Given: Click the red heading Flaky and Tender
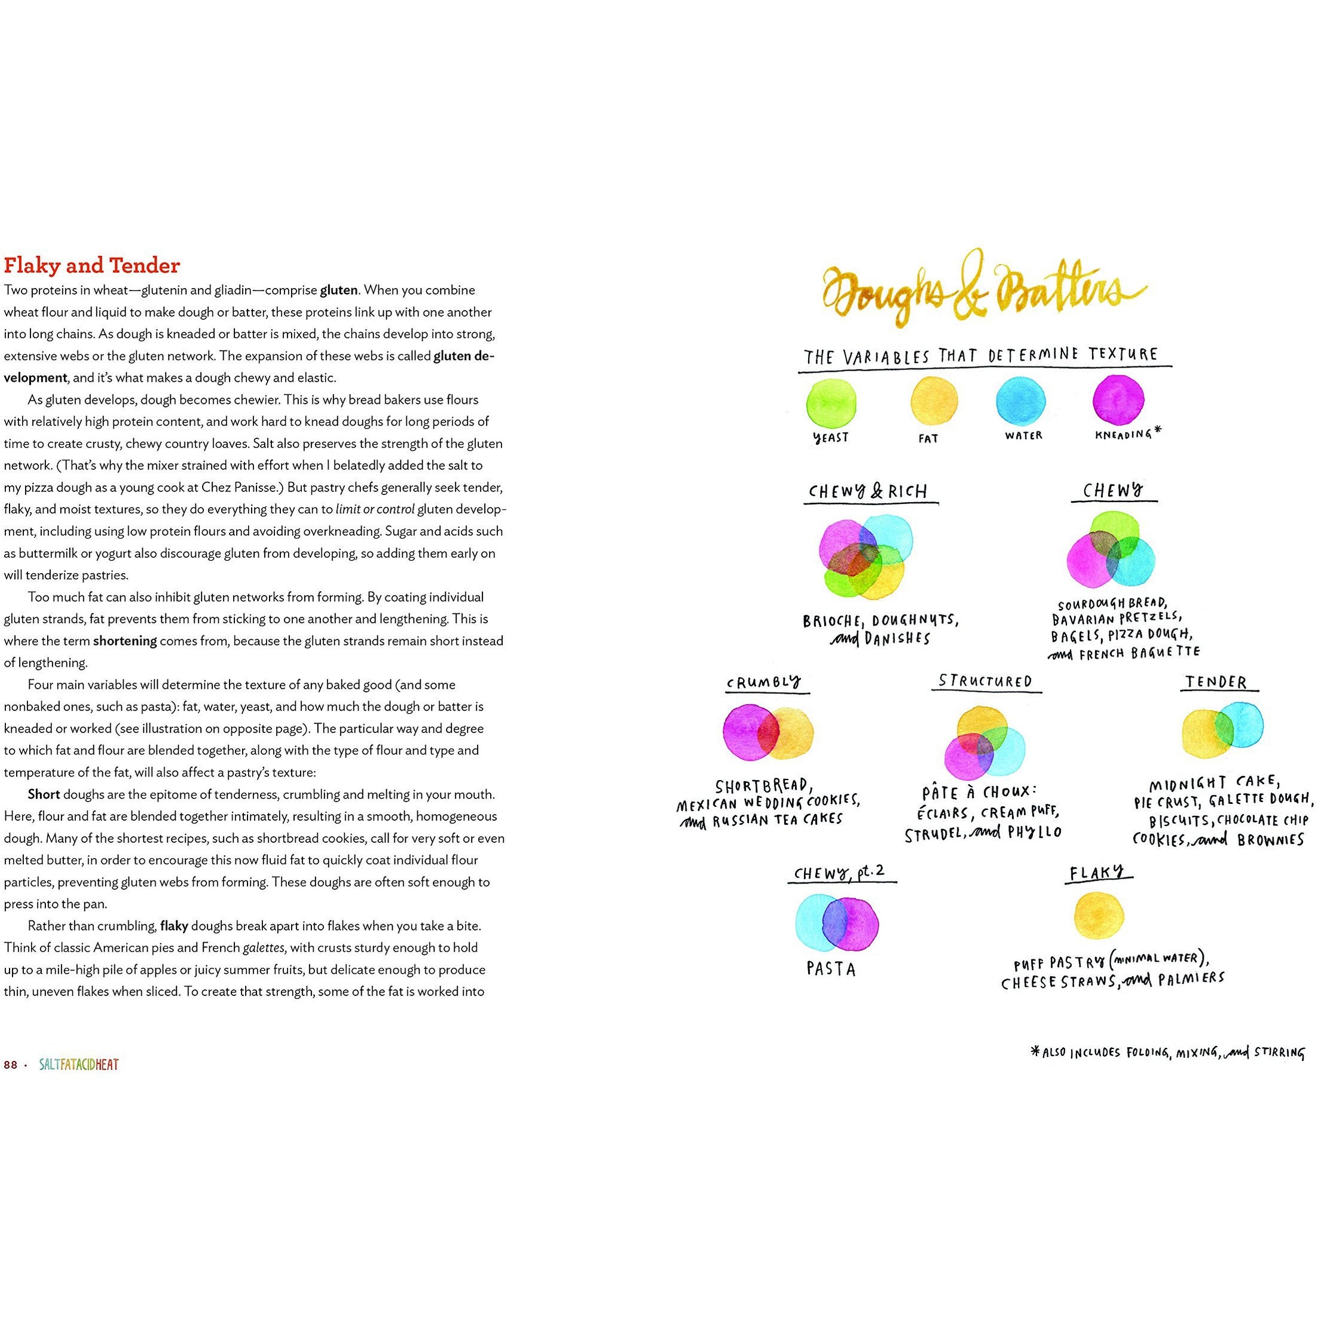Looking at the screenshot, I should click(x=92, y=265).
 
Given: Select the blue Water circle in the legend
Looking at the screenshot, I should click(x=1020, y=400).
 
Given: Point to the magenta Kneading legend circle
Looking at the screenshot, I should click(x=1118, y=400).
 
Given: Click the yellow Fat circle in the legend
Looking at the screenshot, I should click(x=934, y=401).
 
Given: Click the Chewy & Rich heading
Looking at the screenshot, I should click(x=868, y=492).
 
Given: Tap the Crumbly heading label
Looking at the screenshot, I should click(x=763, y=682).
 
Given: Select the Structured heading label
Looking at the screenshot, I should click(x=985, y=681).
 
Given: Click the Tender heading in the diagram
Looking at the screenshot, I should click(x=1216, y=682).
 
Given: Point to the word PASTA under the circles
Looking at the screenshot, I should click(x=830, y=969).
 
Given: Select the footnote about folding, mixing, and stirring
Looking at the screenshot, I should click(x=1168, y=1053).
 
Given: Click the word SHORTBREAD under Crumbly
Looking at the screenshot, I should click(x=762, y=786).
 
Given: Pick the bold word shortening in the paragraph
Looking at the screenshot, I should click(x=125, y=641).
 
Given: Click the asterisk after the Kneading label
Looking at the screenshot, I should click(x=1157, y=430).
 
